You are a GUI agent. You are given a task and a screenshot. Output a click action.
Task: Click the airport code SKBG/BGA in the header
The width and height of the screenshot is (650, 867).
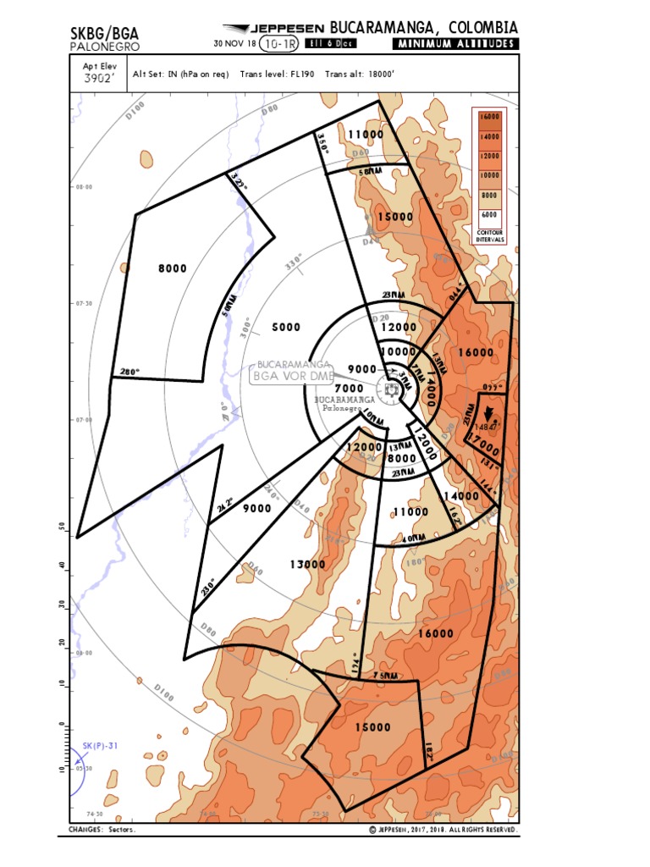pyautogui.click(x=104, y=33)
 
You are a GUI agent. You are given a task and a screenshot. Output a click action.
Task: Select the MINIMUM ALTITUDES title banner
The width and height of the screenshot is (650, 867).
pyautogui.click(x=455, y=44)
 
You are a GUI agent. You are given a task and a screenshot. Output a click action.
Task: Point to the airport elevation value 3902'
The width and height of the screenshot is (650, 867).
pyautogui.click(x=97, y=80)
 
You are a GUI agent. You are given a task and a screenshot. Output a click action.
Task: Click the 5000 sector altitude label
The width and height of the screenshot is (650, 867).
pyautogui.click(x=286, y=327)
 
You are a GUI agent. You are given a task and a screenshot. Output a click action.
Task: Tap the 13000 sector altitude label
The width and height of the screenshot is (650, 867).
pyautogui.click(x=307, y=564)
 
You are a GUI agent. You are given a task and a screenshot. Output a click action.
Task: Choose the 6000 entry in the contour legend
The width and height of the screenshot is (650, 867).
pyautogui.click(x=489, y=216)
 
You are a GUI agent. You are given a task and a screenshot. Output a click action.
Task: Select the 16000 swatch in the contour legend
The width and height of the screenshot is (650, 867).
pyautogui.click(x=489, y=117)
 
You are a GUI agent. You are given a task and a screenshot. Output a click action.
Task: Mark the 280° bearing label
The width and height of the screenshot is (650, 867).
pyautogui.click(x=129, y=371)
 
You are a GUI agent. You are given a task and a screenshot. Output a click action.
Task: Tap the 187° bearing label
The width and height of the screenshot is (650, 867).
pyautogui.click(x=429, y=751)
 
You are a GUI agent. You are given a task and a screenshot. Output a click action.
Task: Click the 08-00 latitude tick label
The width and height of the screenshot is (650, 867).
pyautogui.click(x=84, y=187)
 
